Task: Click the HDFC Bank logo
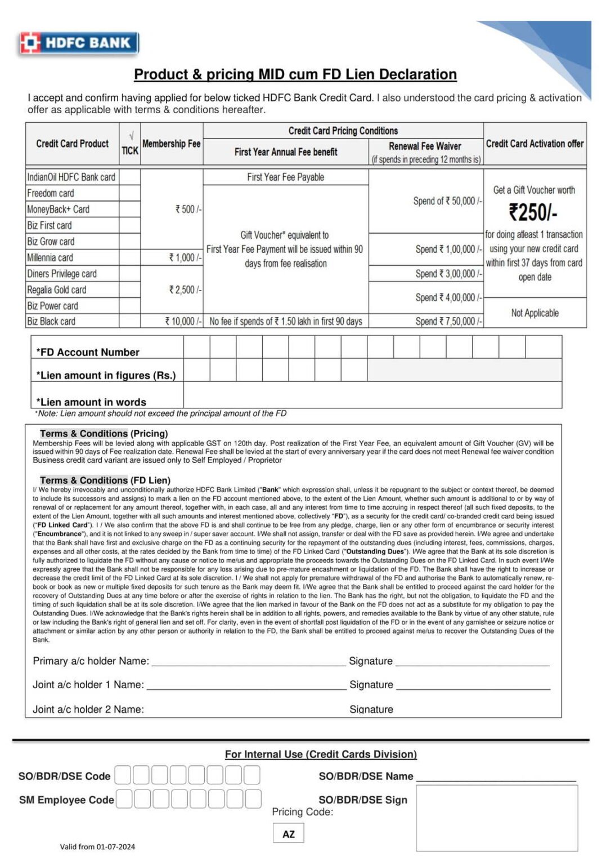(79, 43)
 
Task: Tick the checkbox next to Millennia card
(129, 257)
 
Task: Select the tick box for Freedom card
(129, 193)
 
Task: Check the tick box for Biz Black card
(129, 321)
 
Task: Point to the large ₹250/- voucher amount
(533, 212)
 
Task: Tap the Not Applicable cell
(534, 313)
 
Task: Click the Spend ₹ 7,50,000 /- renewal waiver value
(448, 321)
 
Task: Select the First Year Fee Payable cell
(285, 177)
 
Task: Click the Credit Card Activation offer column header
(534, 144)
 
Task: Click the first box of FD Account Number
(196, 347)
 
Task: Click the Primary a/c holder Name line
(248, 661)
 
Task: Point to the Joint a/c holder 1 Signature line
(473, 685)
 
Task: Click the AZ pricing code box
(288, 833)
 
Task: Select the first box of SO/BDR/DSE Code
(123, 775)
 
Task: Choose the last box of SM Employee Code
(253, 799)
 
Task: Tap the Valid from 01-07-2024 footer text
(97, 846)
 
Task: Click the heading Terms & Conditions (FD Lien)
(105, 480)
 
